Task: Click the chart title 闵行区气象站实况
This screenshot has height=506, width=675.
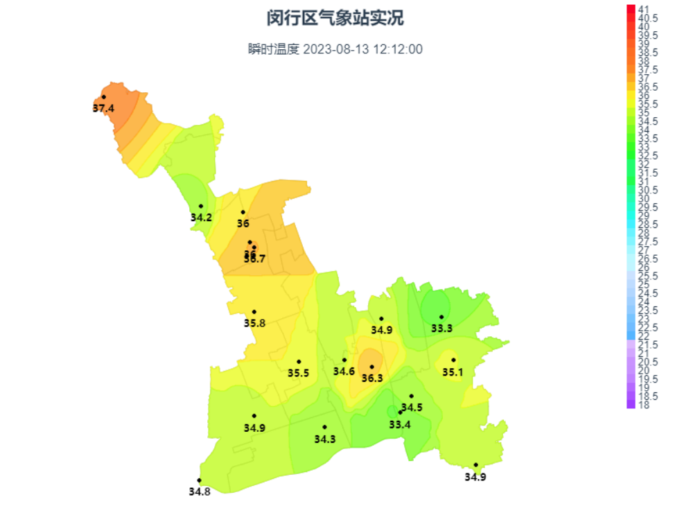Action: pyautogui.click(x=335, y=19)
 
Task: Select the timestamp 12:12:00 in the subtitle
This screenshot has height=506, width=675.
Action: pyautogui.click(x=398, y=49)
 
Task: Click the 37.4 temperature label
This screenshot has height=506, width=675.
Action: pyautogui.click(x=103, y=108)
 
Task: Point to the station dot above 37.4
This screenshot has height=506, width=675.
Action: pyautogui.click(x=104, y=97)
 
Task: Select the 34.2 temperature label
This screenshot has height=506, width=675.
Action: pyautogui.click(x=201, y=217)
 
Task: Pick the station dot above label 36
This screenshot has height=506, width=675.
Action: pyautogui.click(x=243, y=212)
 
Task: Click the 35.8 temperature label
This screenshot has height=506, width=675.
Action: pyautogui.click(x=254, y=323)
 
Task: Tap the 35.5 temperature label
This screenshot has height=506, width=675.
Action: pyautogui.click(x=299, y=373)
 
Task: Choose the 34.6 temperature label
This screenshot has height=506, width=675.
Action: pyautogui.click(x=344, y=372)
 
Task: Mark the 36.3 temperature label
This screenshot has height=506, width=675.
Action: pyautogui.click(x=372, y=378)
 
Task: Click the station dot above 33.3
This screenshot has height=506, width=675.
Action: pyautogui.click(x=441, y=317)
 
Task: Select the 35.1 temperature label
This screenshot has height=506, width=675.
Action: pyautogui.click(x=453, y=372)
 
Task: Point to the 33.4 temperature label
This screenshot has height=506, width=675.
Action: pyautogui.click(x=400, y=424)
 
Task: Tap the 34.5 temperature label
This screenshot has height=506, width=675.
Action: pyautogui.click(x=412, y=408)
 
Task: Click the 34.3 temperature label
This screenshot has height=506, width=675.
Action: pyautogui.click(x=324, y=439)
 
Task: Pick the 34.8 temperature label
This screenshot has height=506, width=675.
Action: pyautogui.click(x=200, y=491)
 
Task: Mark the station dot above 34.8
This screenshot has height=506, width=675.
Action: pyautogui.click(x=199, y=480)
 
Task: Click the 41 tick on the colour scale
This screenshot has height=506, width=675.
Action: pyautogui.click(x=644, y=9)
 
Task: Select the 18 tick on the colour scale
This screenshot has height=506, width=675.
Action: pyautogui.click(x=644, y=405)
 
